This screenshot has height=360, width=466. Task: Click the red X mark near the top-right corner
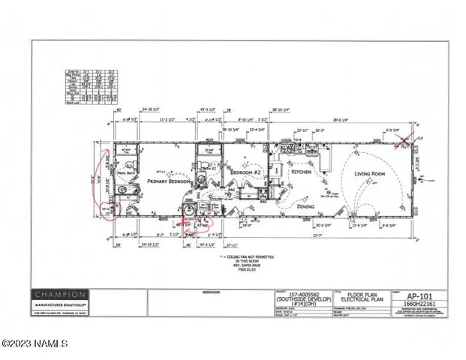(408, 138)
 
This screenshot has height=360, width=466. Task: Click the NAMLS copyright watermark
(35, 344)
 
